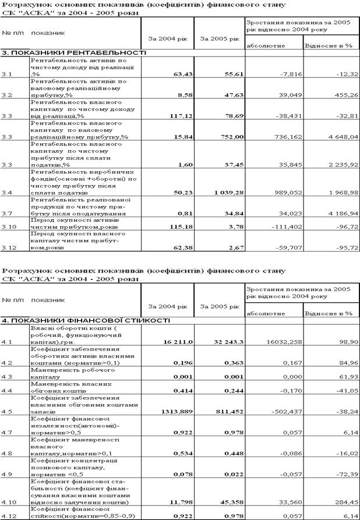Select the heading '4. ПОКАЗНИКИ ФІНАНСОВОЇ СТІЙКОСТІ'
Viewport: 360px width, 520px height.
tap(86, 320)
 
